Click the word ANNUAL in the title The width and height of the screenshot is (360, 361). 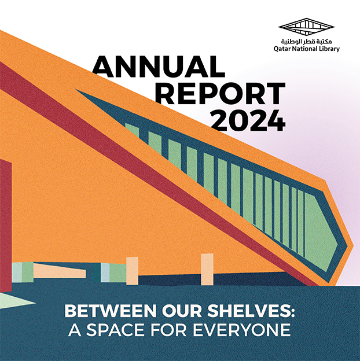(x=158, y=67)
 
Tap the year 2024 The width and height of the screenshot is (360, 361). (x=247, y=120)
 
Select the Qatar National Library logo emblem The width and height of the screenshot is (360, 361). (x=307, y=27)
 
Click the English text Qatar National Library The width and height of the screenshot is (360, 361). (x=307, y=49)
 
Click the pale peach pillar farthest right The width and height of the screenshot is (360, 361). (x=207, y=269)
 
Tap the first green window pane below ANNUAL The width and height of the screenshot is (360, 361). (x=133, y=130)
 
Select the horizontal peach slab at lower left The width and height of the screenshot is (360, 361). (x=58, y=271)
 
